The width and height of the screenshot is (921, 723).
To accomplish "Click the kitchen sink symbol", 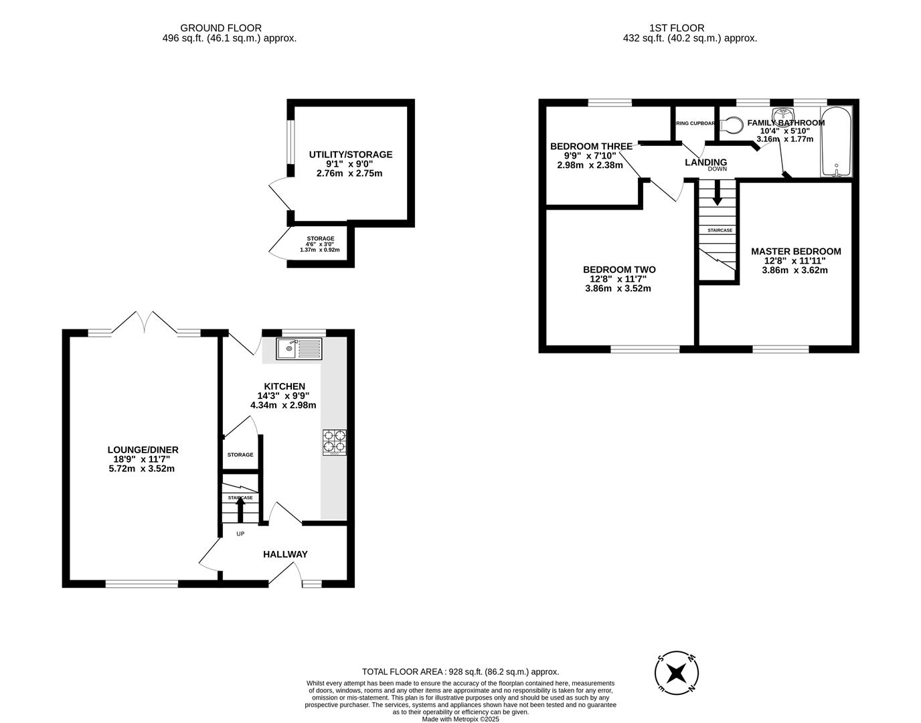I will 299,349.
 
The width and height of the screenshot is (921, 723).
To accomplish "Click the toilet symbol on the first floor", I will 732,125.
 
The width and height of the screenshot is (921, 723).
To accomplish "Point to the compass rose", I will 677,671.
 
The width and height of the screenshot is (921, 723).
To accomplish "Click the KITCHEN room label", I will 284,386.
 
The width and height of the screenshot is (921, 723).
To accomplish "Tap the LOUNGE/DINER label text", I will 143,450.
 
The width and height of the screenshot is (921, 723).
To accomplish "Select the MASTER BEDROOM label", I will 795,252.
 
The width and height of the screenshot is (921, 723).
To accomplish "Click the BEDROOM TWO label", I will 618,270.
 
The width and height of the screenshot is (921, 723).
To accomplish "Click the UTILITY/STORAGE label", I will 350,155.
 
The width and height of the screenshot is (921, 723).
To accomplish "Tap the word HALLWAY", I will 285,554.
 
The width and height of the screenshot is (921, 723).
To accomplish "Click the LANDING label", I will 705,162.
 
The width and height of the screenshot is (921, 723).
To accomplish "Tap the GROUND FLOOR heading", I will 212,28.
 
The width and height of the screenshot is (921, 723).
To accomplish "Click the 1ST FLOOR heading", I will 677,28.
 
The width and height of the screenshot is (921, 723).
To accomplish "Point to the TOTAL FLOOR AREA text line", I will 460,671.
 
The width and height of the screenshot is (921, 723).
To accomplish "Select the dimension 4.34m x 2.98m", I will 283,405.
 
